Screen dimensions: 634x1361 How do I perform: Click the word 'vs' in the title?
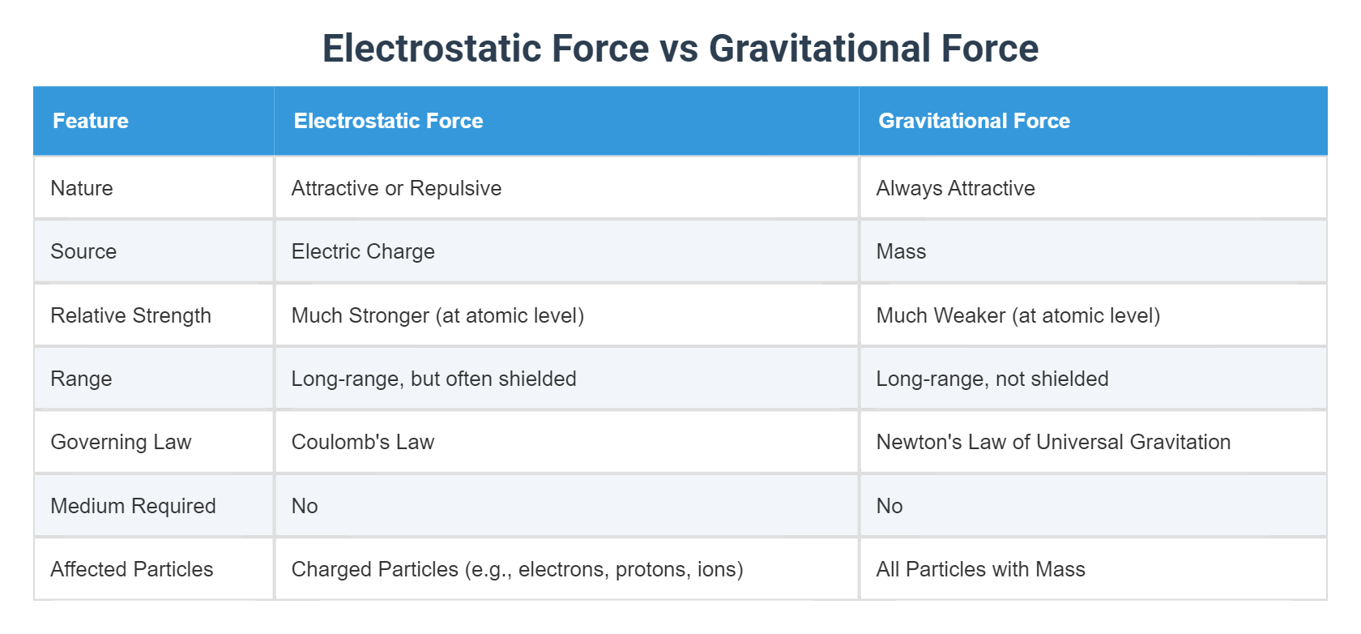pos(679,49)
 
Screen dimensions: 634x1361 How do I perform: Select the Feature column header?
pos(91,121)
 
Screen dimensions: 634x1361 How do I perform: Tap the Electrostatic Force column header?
pos(388,121)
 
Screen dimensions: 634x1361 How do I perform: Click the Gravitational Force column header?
pos(974,121)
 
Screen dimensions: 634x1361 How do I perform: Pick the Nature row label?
pos(82,188)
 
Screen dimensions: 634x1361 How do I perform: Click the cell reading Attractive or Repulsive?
pos(396,188)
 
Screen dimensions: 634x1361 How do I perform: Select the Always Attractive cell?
pos(955,188)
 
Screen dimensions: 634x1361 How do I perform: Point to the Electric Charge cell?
pos(363,251)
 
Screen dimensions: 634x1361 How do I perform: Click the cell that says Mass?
pos(901,251)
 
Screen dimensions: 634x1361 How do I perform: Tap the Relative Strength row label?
pos(130,315)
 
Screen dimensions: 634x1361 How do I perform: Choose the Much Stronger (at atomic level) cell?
pos(437,315)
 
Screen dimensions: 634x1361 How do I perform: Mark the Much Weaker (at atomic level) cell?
pos(1018,315)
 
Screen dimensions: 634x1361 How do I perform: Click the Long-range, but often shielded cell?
pos(433,379)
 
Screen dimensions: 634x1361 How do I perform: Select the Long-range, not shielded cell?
pos(992,379)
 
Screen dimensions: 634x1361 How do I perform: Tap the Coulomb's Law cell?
pos(363,442)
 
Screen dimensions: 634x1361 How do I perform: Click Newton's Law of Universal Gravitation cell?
pos(1053,442)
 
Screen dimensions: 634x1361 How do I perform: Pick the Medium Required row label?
pos(133,506)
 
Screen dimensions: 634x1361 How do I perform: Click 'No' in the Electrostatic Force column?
pos(305,506)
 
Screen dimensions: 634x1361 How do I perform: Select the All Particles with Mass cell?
pos(980,569)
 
